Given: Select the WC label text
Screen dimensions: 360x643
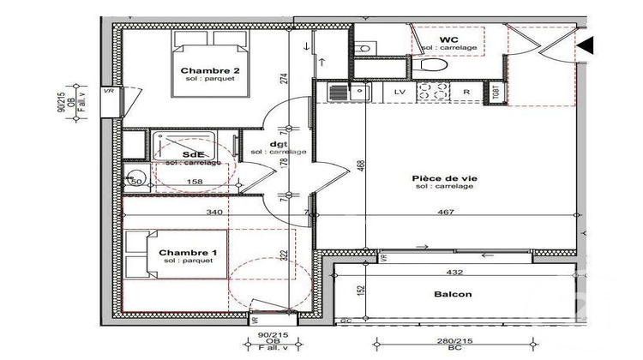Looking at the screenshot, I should click(x=448, y=40).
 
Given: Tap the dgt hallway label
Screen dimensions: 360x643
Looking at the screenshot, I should click(x=278, y=144).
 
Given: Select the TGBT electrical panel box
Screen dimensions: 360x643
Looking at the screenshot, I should click(x=496, y=92).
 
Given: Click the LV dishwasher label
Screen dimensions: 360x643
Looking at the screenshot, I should click(x=399, y=90).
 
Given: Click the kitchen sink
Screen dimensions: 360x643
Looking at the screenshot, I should click(x=339, y=92).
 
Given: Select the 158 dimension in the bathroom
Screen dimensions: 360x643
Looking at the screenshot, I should click(x=195, y=181).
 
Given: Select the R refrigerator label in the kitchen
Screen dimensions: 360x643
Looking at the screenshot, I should click(x=466, y=90).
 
